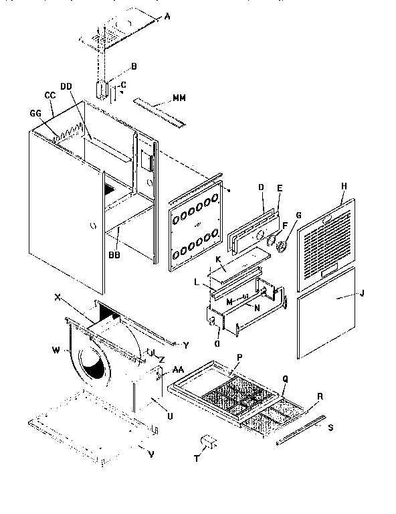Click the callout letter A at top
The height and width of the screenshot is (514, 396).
[167, 19]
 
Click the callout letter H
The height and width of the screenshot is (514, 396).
[343, 189]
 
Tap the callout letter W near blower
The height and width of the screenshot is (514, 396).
[57, 348]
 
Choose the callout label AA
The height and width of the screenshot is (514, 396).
[178, 369]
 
